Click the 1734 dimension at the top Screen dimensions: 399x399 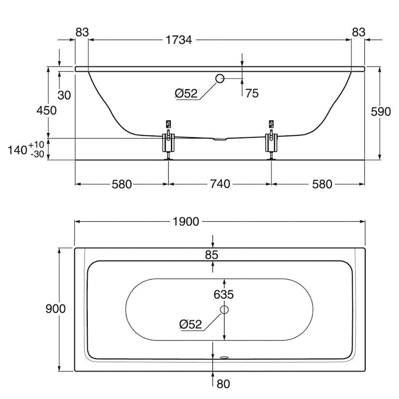(179, 40)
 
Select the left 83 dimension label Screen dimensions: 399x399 (82, 32)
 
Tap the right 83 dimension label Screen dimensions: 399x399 (358, 32)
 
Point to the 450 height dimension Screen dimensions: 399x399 (46, 110)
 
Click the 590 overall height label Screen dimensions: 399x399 (381, 112)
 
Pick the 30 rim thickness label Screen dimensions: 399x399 (64, 95)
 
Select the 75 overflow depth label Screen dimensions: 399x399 (252, 93)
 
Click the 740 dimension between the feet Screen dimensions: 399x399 (220, 184)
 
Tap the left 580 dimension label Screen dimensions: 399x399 (121, 184)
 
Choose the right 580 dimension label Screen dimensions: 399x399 (322, 184)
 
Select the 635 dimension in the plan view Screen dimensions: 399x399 (224, 294)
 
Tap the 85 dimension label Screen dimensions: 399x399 (212, 255)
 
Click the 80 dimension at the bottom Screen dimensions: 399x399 (224, 384)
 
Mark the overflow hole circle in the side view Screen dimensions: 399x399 (220, 79)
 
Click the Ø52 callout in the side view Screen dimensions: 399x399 (186, 94)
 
